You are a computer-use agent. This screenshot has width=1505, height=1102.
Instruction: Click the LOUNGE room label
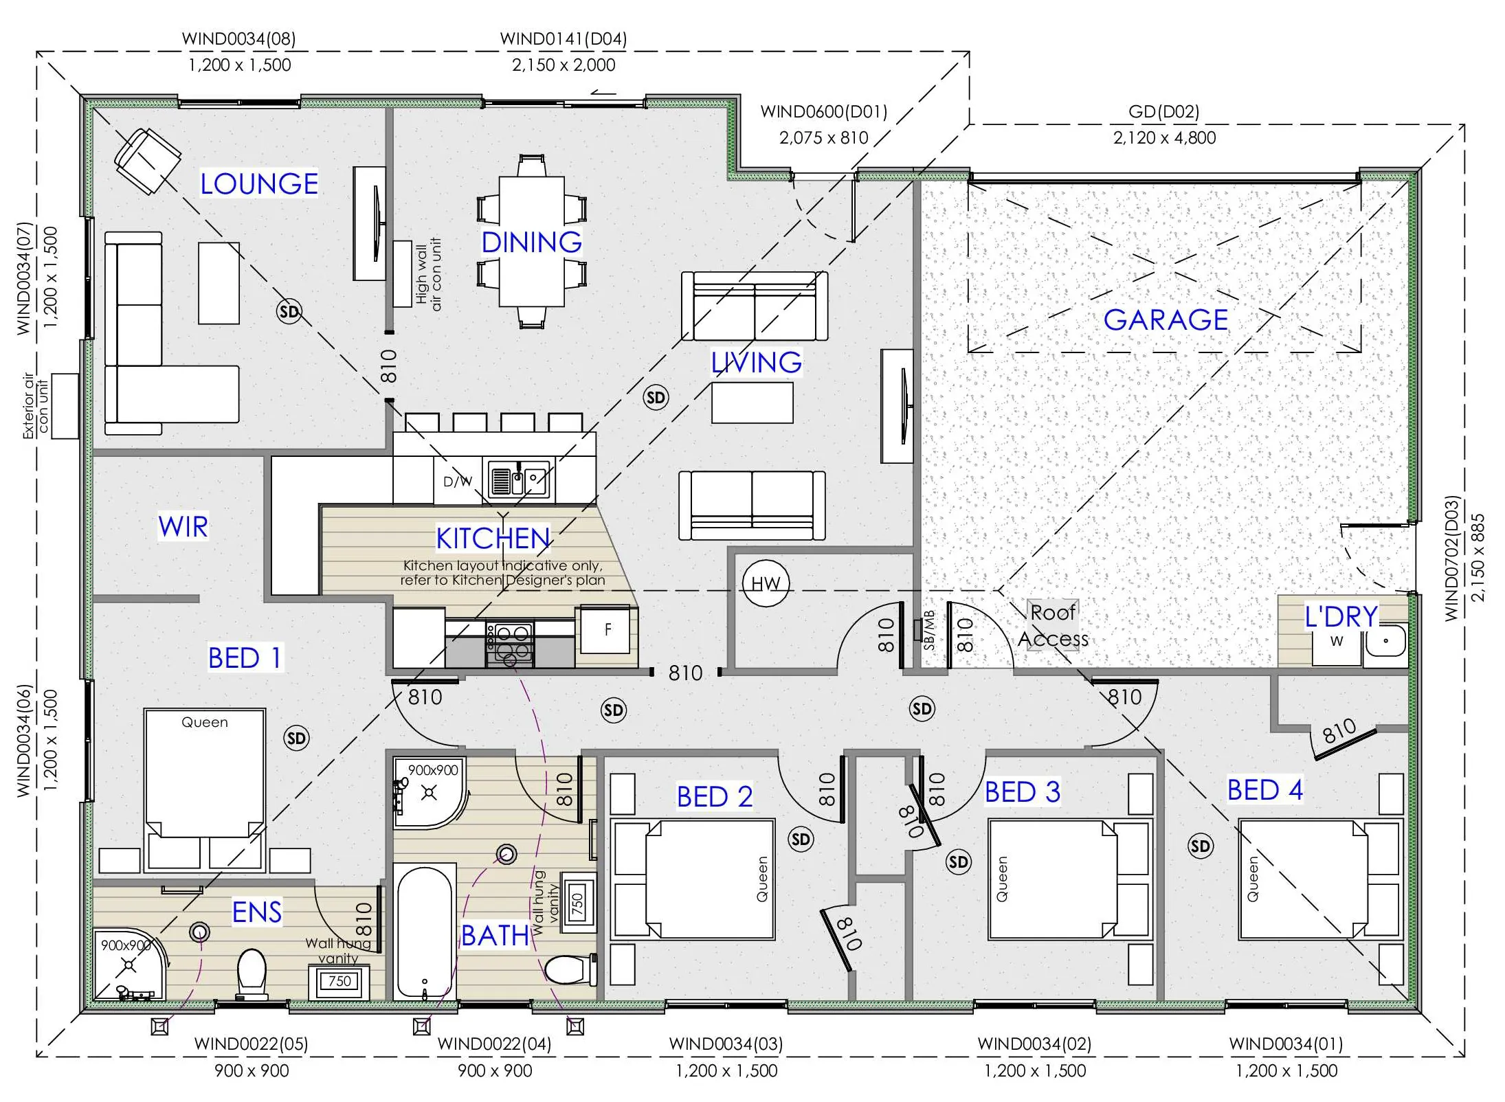tap(259, 183)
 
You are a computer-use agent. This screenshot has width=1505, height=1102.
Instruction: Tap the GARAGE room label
tap(1166, 319)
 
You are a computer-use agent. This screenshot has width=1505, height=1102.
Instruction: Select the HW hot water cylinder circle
tap(766, 583)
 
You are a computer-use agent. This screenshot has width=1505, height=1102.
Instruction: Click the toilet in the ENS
tap(252, 974)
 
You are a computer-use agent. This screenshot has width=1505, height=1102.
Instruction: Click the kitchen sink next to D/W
tap(519, 477)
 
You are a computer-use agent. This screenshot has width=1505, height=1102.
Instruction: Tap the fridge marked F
tap(605, 629)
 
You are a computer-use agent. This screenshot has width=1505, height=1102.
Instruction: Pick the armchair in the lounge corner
tap(147, 161)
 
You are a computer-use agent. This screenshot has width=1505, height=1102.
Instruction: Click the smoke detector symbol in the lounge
tap(289, 312)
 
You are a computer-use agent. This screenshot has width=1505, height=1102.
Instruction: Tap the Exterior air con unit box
tap(65, 406)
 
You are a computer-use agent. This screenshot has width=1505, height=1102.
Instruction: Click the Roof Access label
tap(1053, 625)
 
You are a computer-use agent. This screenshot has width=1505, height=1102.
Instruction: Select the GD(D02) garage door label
tap(1163, 111)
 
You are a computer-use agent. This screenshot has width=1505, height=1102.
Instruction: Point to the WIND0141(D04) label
tap(564, 38)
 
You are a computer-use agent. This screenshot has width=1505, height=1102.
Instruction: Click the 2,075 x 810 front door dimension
tap(823, 137)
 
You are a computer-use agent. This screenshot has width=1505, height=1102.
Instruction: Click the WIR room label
tap(183, 526)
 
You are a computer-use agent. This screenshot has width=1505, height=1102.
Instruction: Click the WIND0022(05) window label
tap(251, 1044)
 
